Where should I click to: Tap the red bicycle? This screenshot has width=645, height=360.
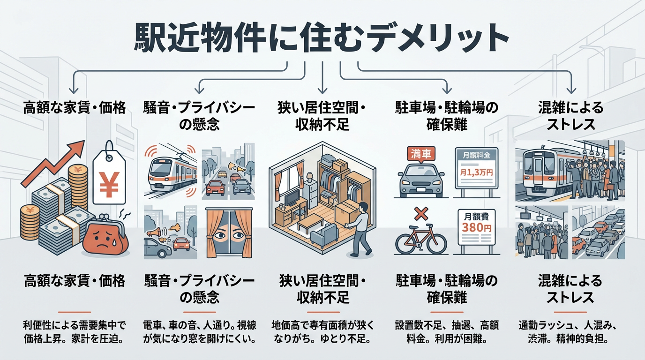coord(421,240)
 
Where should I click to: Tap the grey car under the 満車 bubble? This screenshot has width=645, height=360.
coord(420,180)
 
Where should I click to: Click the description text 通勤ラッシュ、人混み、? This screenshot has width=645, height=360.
coord(570,324)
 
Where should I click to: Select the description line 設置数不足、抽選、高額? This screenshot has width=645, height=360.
coord(446,324)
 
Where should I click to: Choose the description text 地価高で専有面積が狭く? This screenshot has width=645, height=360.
coord(321,324)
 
